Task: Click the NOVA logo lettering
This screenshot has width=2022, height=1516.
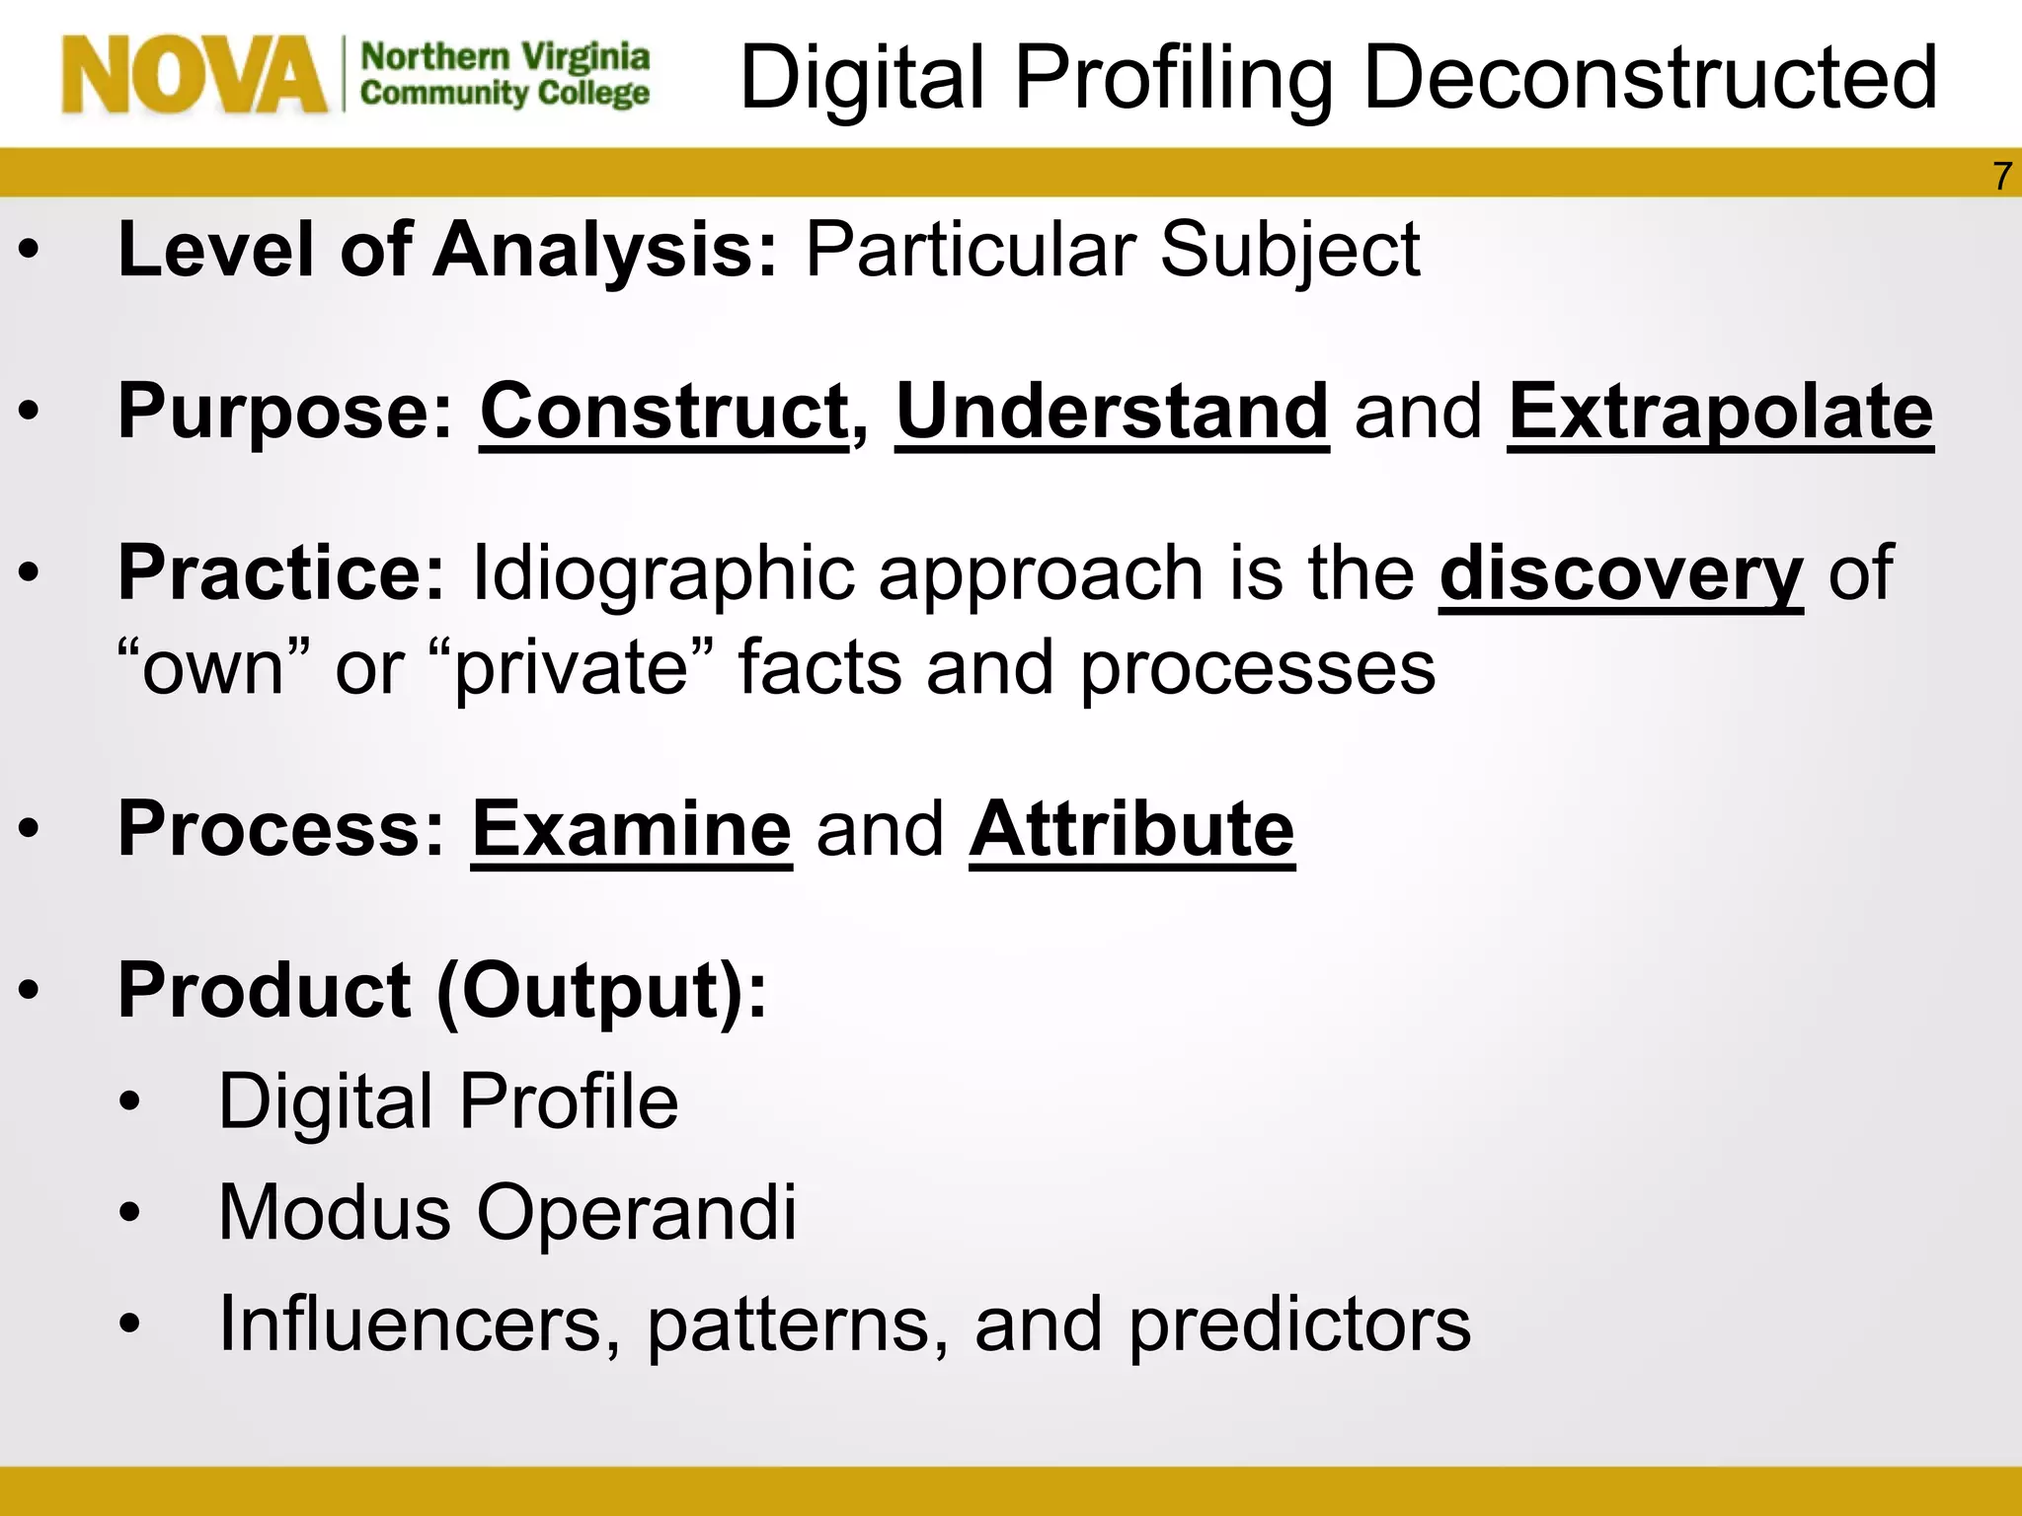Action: click(194, 75)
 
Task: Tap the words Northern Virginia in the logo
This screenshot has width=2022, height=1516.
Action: click(505, 57)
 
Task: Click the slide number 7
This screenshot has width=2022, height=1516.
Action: click(2001, 177)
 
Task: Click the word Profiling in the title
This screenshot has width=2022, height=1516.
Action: click(1174, 79)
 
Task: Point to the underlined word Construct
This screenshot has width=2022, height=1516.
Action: click(663, 412)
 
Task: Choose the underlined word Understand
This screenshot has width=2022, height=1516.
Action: click(1112, 412)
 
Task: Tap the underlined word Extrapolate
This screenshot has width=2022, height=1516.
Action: click(1720, 412)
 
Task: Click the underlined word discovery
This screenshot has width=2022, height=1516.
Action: click(1620, 573)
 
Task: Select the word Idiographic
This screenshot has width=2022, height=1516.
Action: click(662, 573)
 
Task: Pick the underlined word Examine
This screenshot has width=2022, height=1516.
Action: click(631, 830)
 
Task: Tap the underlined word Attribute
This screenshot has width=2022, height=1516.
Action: click(1131, 830)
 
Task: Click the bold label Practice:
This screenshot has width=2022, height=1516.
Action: click(281, 573)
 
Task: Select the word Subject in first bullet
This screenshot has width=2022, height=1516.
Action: click(1289, 251)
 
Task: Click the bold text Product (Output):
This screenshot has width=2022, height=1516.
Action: click(441, 991)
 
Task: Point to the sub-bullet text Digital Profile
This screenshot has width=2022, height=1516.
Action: click(447, 1101)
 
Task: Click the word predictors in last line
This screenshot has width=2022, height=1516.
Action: click(1299, 1325)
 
